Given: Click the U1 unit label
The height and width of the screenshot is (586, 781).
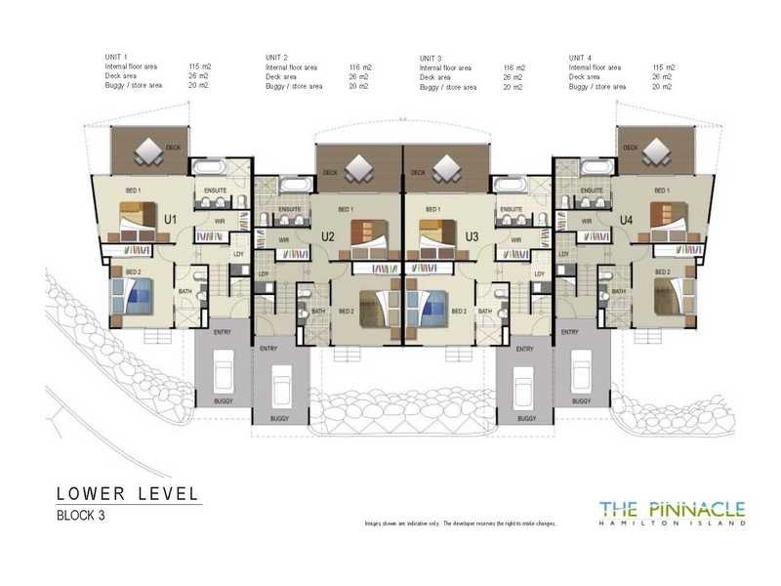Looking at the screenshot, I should pos(169,220).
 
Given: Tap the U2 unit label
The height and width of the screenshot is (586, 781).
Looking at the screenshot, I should pos(329,235).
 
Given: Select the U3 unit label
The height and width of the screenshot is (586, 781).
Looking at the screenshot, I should pos(472,235).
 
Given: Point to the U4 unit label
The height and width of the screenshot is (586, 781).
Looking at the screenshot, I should pos(626,220).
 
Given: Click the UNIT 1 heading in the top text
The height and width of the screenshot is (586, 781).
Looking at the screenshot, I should pos(116,58).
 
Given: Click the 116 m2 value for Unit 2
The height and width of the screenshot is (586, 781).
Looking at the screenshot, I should pos(359,67).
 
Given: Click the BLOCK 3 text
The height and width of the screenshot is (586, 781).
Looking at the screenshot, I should pos(80,516).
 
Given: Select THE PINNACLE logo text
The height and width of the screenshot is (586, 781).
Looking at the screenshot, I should pos(672,508).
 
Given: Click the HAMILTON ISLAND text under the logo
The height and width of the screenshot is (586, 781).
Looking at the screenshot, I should pos(672,523).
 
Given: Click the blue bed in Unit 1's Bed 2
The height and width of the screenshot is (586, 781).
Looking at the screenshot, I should pos(134,294).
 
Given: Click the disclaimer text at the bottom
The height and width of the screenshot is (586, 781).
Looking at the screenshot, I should pos(460,524).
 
